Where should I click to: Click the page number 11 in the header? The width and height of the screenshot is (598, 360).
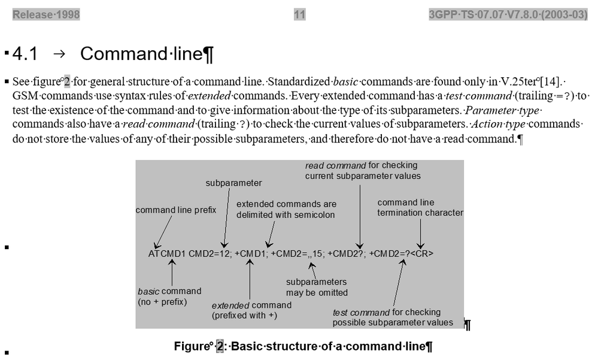[300, 15]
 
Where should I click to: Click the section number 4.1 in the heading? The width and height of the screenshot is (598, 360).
[25, 54]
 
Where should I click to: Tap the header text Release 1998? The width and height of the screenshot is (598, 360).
[46, 15]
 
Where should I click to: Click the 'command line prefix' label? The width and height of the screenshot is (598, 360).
[176, 210]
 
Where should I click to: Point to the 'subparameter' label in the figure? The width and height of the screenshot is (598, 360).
[233, 183]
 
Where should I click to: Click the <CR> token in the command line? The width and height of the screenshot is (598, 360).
[422, 253]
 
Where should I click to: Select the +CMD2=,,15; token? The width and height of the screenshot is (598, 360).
[298, 253]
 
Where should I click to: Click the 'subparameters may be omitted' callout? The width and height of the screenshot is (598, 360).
[317, 287]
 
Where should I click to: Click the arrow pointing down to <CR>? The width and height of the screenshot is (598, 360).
[421, 233]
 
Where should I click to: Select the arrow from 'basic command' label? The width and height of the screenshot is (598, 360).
[172, 273]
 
